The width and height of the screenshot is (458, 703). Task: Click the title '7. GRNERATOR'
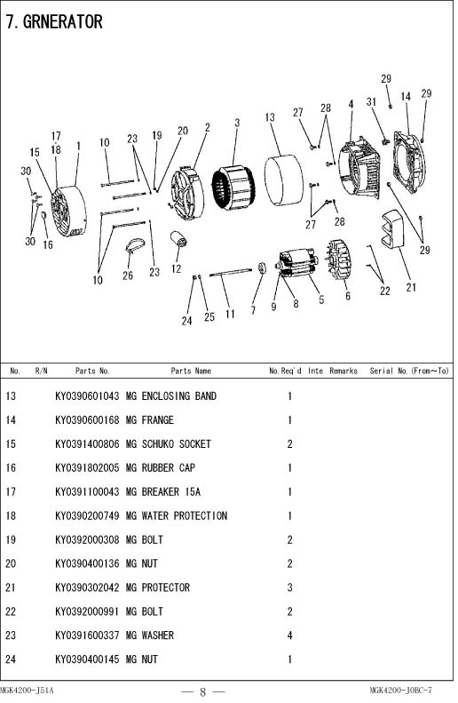pyautogui.click(x=54, y=21)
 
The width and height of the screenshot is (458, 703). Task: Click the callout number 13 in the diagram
pyautogui.click(x=270, y=117)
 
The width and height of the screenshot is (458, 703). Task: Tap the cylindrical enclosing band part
pyautogui.click(x=283, y=180)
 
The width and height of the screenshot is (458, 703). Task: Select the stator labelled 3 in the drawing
pyautogui.click(x=233, y=187)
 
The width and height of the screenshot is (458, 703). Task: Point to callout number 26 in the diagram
pyautogui.click(x=128, y=275)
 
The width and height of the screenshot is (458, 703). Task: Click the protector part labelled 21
pyautogui.click(x=392, y=228)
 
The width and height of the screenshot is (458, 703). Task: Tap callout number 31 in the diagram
pyautogui.click(x=371, y=102)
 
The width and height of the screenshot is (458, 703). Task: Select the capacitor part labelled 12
pyautogui.click(x=179, y=239)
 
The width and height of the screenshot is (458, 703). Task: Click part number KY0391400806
pyautogui.click(x=87, y=443)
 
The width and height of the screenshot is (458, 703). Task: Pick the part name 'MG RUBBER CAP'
pyautogui.click(x=161, y=467)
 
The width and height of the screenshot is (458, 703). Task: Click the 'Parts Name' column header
pyautogui.click(x=191, y=371)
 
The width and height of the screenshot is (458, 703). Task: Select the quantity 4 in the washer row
pyautogui.click(x=289, y=635)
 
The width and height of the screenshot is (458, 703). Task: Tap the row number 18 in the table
pyautogui.click(x=11, y=515)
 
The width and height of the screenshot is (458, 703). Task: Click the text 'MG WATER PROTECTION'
pyautogui.click(x=177, y=515)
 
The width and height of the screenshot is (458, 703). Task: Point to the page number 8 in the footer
pyautogui.click(x=202, y=691)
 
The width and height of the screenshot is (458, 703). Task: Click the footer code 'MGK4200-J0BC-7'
pyautogui.click(x=400, y=691)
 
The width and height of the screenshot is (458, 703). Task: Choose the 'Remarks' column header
pyautogui.click(x=343, y=371)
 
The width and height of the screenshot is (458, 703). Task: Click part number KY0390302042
pyautogui.click(x=87, y=587)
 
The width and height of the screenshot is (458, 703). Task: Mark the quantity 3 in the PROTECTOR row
pyautogui.click(x=289, y=587)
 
